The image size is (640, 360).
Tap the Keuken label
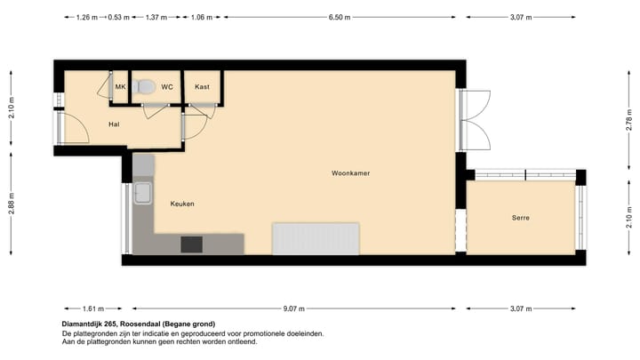click(x=182, y=204)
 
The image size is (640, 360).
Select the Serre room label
click(x=521, y=217)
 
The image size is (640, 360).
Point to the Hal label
click(x=114, y=124)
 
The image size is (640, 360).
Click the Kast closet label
click(x=202, y=87)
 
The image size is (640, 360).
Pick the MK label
click(x=121, y=87)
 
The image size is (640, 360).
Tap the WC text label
click(x=166, y=87)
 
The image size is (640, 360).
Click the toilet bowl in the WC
click(x=146, y=86)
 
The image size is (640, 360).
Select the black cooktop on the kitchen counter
click(x=191, y=244)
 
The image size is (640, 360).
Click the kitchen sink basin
click(x=143, y=195)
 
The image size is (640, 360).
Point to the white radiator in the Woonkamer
click(x=316, y=238)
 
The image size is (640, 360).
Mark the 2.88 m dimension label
click(x=12, y=196)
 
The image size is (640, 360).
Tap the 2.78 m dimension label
click(x=628, y=126)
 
